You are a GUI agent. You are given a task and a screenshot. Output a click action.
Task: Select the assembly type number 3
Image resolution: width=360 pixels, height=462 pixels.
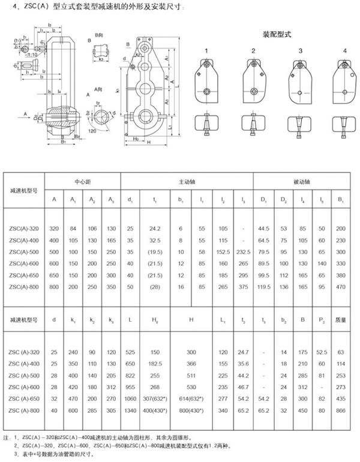coord(300,51)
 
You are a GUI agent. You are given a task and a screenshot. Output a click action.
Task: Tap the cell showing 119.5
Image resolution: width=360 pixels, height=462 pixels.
coord(263,287)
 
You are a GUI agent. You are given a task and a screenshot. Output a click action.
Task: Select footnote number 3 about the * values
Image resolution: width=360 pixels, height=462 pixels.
coord(60,455)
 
